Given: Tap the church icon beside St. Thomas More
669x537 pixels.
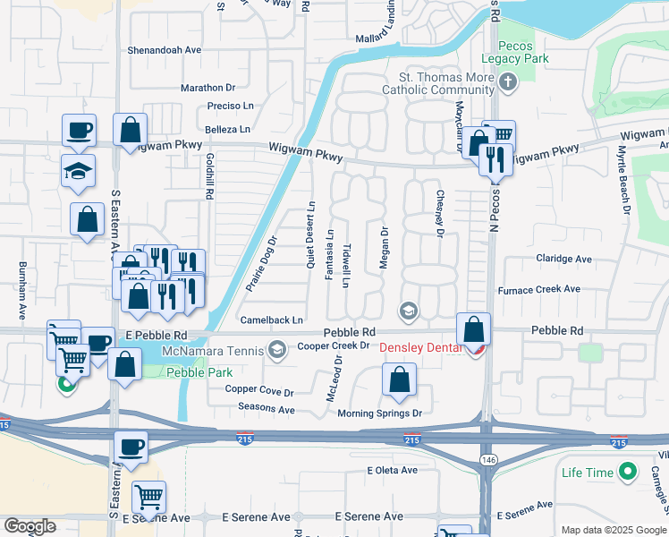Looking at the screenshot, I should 508,84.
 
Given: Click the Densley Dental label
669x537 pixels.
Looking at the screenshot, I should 422,347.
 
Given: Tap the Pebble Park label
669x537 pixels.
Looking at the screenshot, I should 199,371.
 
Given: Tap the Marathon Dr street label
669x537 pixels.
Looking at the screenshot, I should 207,88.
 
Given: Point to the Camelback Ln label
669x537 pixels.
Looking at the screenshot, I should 272,320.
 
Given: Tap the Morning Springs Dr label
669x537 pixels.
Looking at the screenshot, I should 379,413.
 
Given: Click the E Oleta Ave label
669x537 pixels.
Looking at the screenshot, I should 394,470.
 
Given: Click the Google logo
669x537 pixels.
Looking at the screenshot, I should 30,526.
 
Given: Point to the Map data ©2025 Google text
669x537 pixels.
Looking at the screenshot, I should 614,530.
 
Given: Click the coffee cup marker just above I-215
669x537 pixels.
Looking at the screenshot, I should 131,447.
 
